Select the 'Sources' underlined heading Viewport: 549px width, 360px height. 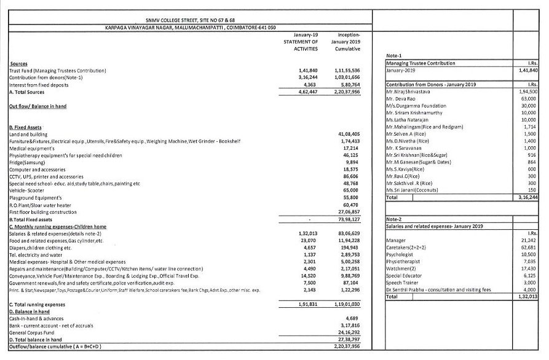(x=18, y=64)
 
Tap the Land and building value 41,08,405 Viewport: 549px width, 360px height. (x=349, y=133)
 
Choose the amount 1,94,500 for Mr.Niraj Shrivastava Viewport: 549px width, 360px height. (x=528, y=91)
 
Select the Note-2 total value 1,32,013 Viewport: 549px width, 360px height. (x=527, y=296)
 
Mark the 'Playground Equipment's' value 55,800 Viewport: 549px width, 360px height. (x=350, y=198)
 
